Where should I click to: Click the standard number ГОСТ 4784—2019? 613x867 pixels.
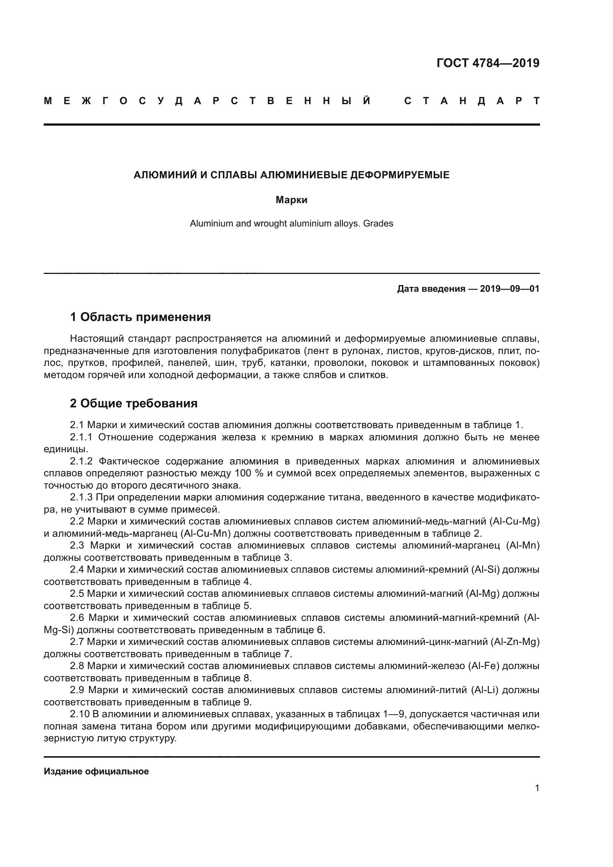tap(488, 63)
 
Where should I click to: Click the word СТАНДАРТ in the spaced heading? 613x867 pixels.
tap(472, 101)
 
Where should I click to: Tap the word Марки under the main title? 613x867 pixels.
tap(291, 200)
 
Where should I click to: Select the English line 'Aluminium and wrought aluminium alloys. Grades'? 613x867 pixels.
tap(291, 224)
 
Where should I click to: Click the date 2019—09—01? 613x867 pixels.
tap(510, 289)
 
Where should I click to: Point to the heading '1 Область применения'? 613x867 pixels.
tap(140, 317)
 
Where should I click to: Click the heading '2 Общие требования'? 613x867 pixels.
tap(134, 403)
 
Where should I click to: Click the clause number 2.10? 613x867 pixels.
tap(80, 714)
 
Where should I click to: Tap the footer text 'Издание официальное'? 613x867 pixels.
tap(96, 771)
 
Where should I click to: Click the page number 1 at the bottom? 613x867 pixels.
tap(537, 788)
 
